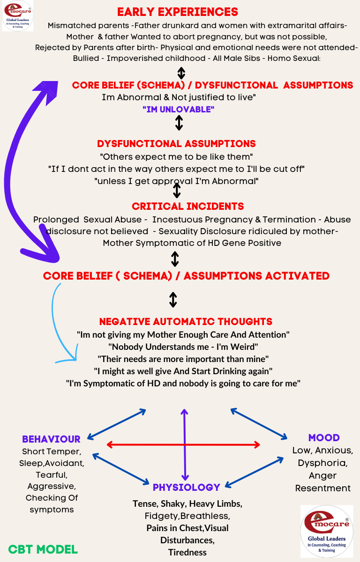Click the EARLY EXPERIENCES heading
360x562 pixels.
pos(178,12)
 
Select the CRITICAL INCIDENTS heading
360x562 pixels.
pos(187,206)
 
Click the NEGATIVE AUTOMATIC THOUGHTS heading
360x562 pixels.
pos(186,322)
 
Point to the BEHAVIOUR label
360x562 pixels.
pos(51,439)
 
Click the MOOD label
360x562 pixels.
pos(324,438)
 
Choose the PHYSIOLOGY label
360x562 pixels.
pos(186,488)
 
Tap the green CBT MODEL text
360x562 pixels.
pos(43,549)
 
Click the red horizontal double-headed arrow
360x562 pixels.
pos(183,444)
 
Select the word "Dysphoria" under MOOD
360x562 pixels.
pos(322,463)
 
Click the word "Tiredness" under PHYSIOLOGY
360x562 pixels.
pos(187,552)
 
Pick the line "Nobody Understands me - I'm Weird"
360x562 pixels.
pos(183,347)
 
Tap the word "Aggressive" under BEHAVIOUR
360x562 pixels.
pos(52,487)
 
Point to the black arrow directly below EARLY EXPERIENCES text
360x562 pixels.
pos(181,73)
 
